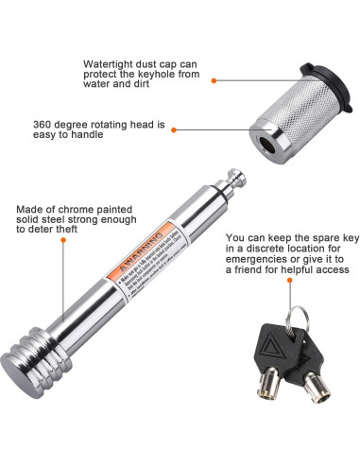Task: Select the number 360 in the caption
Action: (x=95, y=124)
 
